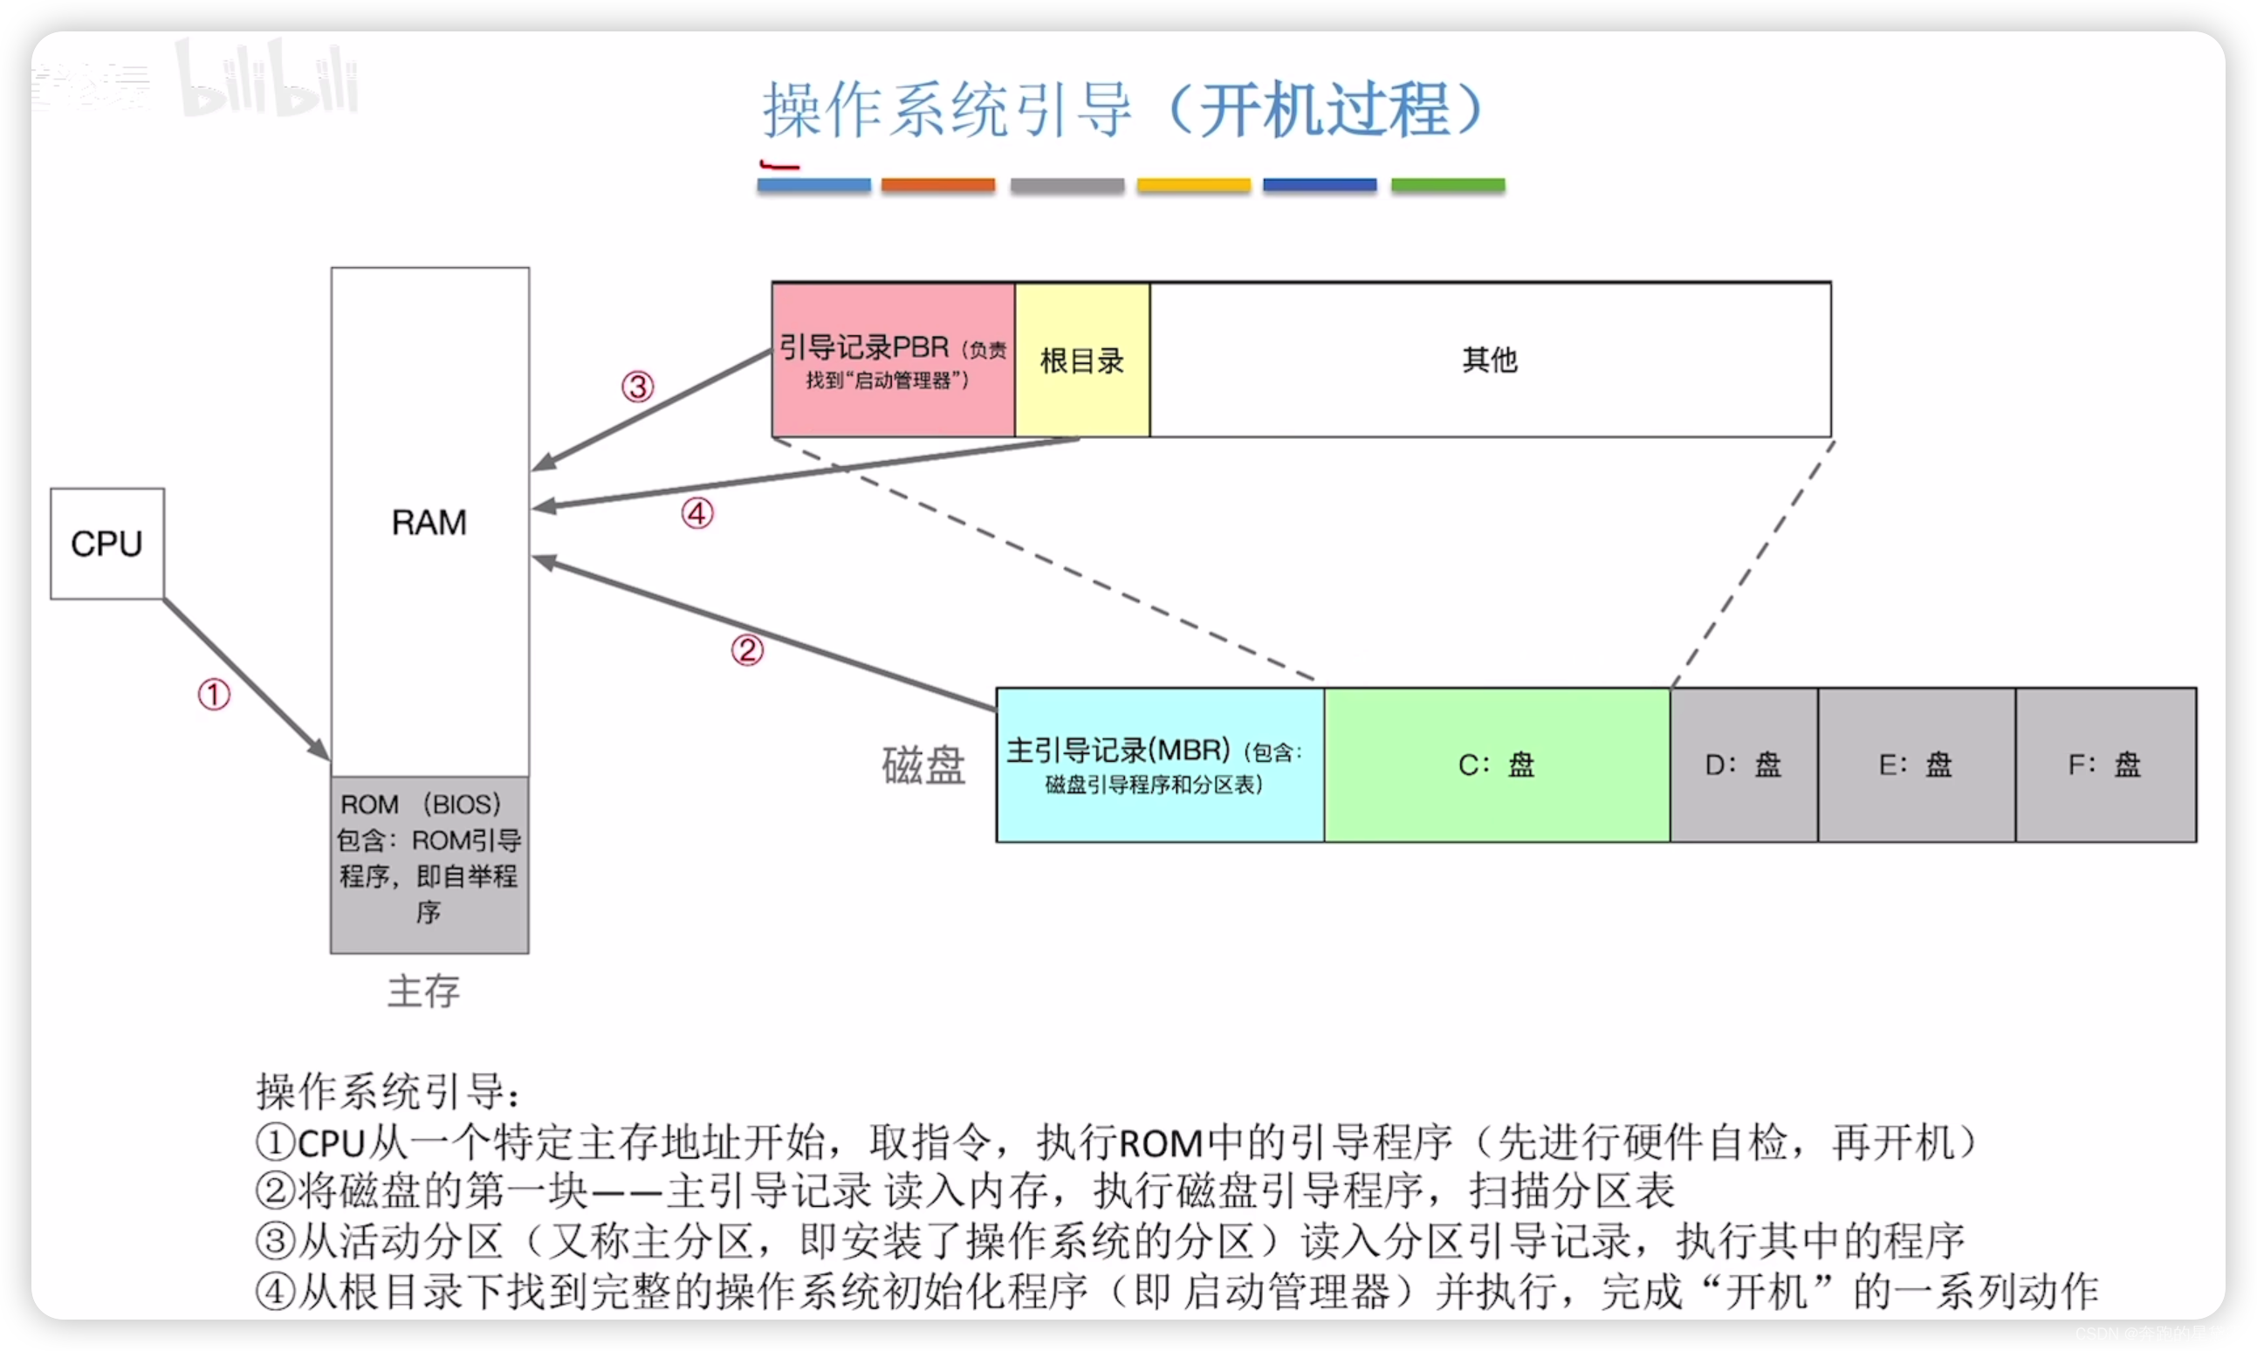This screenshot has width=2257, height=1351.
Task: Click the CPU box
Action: [x=106, y=544]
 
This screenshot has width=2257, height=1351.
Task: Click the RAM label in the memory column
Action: [x=429, y=523]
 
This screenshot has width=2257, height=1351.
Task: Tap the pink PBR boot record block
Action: [x=892, y=360]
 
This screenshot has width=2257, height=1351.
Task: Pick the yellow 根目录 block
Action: [x=1081, y=360]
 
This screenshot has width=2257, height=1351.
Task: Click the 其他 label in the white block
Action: [x=1490, y=360]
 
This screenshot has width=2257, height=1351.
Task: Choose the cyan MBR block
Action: [x=1159, y=765]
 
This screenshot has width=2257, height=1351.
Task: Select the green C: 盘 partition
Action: [x=1497, y=765]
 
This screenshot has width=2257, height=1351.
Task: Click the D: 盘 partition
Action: [x=1743, y=765]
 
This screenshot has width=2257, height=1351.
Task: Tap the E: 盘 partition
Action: [x=1916, y=765]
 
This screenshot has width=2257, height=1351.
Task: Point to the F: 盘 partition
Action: [x=2105, y=765]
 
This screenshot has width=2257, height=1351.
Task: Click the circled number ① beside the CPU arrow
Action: [x=214, y=695]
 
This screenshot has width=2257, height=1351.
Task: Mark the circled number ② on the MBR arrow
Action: [x=747, y=650]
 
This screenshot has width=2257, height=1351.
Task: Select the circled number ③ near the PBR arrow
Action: [x=637, y=387]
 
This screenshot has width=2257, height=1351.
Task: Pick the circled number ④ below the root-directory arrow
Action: [x=697, y=513]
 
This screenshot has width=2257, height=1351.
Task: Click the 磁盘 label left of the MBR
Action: [x=923, y=765]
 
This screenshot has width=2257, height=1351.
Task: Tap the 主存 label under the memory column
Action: [x=423, y=991]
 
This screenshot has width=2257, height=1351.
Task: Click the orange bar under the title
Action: [x=937, y=185]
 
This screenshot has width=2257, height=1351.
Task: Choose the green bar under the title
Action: [x=1448, y=185]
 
